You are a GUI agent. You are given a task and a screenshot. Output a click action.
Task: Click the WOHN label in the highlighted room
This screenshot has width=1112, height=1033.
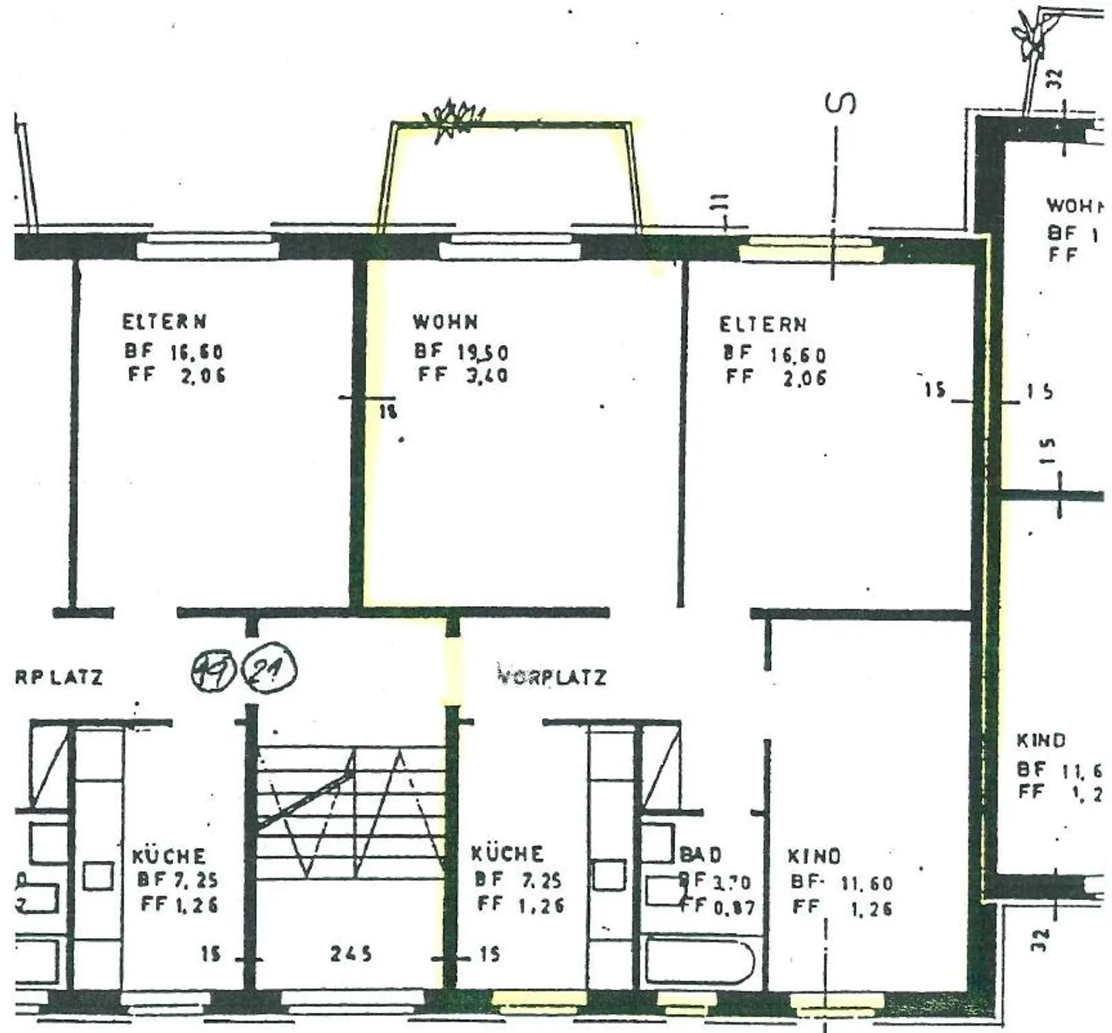pyautogui.click(x=446, y=321)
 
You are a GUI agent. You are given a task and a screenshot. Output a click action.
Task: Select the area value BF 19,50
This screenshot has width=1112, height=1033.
pyautogui.click(x=461, y=352)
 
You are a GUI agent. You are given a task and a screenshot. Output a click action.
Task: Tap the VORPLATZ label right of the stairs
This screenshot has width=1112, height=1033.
pyautogui.click(x=551, y=677)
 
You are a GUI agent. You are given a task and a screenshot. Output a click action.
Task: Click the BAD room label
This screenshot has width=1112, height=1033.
pyautogui.click(x=701, y=855)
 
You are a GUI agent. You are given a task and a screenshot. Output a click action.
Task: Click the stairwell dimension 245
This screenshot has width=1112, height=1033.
pyautogui.click(x=351, y=954)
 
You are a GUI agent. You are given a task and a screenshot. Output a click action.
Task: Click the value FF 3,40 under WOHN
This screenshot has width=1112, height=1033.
pyautogui.click(x=463, y=376)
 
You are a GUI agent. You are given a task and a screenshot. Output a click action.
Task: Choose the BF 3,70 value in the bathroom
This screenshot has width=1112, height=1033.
pyautogui.click(x=714, y=881)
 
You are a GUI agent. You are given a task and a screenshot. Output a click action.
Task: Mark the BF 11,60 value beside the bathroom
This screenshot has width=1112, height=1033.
pyautogui.click(x=841, y=882)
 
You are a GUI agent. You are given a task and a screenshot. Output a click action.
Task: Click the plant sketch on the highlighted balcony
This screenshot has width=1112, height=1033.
pyautogui.click(x=453, y=120)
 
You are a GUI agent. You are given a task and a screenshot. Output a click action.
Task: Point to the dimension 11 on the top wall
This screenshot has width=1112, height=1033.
pyautogui.click(x=719, y=203)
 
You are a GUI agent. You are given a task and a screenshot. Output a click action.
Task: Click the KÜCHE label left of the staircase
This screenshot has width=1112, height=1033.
pyautogui.click(x=169, y=856)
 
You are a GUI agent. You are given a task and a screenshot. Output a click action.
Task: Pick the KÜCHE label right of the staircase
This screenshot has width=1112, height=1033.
pyautogui.click(x=507, y=854)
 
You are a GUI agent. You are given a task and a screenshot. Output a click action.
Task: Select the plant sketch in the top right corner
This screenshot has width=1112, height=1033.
pyautogui.click(x=1032, y=35)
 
